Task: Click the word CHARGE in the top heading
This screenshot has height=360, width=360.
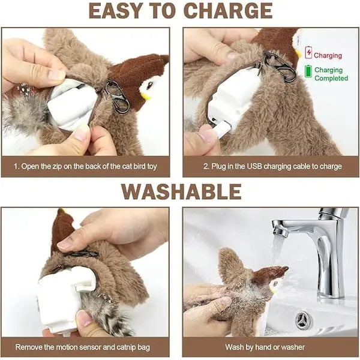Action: point(228,11)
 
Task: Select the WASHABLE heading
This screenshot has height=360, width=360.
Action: point(181,192)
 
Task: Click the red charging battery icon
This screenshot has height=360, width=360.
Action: point(308,52)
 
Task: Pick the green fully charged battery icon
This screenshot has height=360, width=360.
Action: point(308,71)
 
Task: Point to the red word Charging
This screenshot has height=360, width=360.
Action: point(328,56)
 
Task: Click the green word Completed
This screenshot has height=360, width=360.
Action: point(331,78)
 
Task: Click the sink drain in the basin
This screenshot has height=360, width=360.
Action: point(304,319)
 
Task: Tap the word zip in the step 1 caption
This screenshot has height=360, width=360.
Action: point(58,167)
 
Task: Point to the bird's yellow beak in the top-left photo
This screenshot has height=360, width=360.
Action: point(147,97)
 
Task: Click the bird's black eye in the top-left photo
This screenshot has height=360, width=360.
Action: point(149,86)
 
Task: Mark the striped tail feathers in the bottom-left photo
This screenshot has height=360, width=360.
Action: point(108,314)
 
